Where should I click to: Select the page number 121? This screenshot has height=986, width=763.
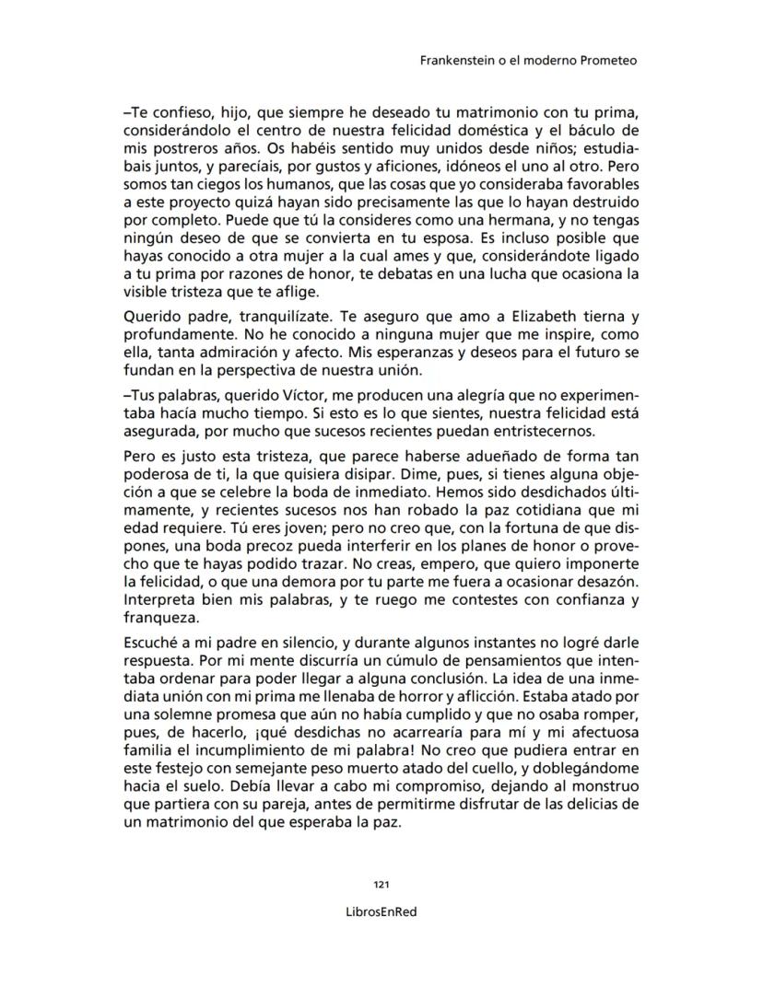pyautogui.click(x=381, y=885)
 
